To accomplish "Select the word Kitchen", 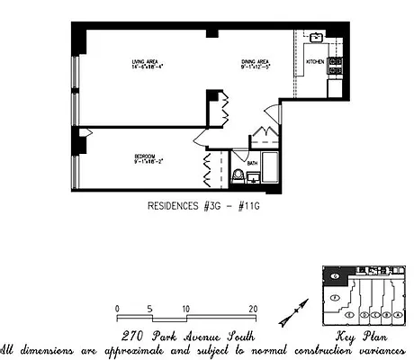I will tap(314, 61).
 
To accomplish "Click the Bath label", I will tap(253, 164).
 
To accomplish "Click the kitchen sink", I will tap(318, 38).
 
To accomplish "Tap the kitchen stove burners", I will tap(334, 64).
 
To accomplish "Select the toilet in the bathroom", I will tap(238, 175).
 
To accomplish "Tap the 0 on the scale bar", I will tap(118, 309).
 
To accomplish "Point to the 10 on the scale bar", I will tap(185, 309).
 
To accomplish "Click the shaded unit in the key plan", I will tap(333, 275).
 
